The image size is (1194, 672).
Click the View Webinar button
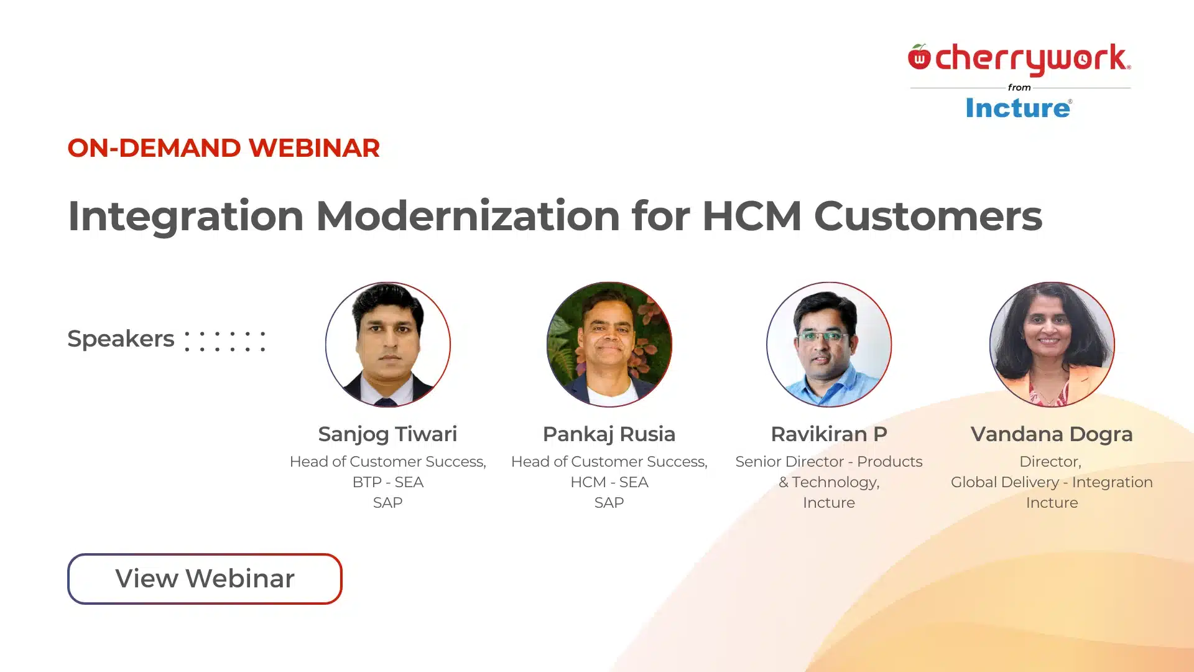[x=205, y=579]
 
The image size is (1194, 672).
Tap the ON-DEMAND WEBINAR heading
[x=223, y=148]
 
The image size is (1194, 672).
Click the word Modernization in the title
[x=468, y=216]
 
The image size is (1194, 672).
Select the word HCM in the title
[x=751, y=216]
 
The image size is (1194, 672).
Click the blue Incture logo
[x=1019, y=108]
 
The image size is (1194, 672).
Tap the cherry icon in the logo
[x=919, y=57]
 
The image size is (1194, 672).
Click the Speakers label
[x=121, y=339]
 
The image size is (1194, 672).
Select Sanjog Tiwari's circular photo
[x=388, y=345]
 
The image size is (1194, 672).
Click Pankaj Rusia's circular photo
[x=609, y=345]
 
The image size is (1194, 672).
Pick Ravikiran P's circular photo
[x=829, y=345]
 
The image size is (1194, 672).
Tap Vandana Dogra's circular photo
[x=1052, y=345]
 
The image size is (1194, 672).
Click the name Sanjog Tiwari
[x=387, y=434]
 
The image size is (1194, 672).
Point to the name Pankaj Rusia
[x=609, y=434]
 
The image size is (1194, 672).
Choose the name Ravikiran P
[x=829, y=434]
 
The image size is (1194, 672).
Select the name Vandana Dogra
[x=1052, y=434]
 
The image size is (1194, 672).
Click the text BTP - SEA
[x=387, y=482]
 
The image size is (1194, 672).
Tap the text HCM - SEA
[x=609, y=482]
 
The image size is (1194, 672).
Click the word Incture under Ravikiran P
[x=829, y=503]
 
